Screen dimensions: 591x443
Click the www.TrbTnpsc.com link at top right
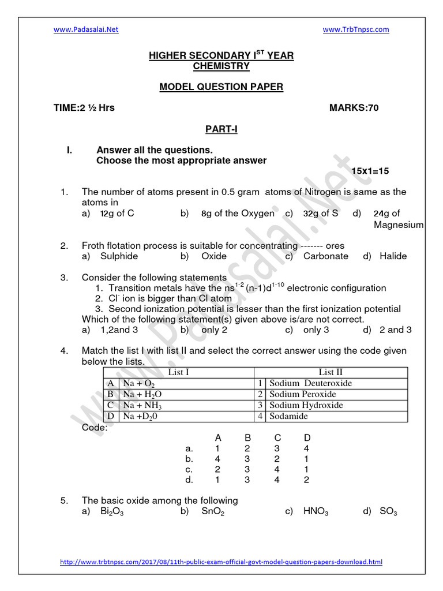pyautogui.click(x=356, y=29)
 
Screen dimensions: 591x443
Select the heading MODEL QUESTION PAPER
pyautogui.click(x=221, y=87)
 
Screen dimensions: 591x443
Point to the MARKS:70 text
pyautogui.click(x=354, y=108)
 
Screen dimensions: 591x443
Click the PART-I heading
pyautogui.click(x=221, y=130)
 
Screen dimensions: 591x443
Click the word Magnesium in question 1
pyautogui.click(x=399, y=225)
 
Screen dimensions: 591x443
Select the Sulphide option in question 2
pyautogui.click(x=119, y=256)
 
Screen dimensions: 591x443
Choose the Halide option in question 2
pyautogui.click(x=393, y=256)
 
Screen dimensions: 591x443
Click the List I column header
pyautogui.click(x=178, y=372)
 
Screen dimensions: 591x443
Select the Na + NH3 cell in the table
pyautogui.click(x=140, y=405)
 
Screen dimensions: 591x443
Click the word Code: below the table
pyautogui.click(x=95, y=428)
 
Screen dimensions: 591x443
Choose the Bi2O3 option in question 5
pyautogui.click(x=111, y=511)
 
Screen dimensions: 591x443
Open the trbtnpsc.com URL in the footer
pyautogui.click(x=221, y=562)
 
